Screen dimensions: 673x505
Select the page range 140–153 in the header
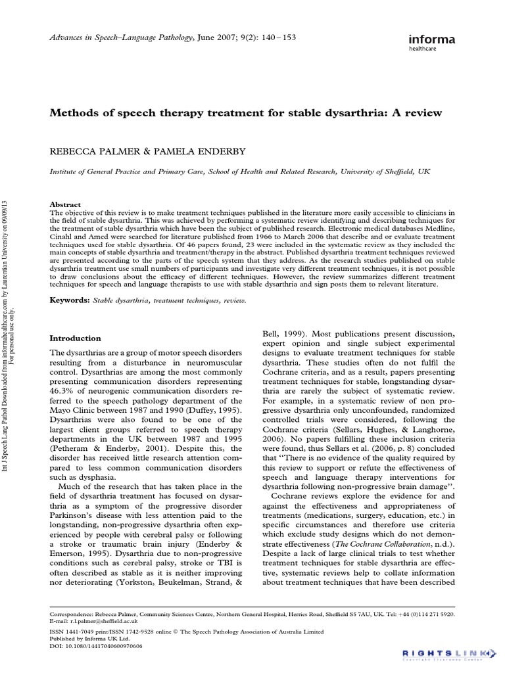[279, 37]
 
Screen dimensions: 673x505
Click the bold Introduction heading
[76, 338]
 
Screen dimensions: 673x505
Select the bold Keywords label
[70, 300]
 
